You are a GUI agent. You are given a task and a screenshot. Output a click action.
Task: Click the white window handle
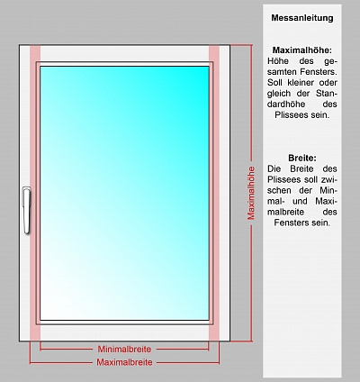[x=27, y=210]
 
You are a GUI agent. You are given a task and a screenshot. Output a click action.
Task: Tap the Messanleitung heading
[x=302, y=18]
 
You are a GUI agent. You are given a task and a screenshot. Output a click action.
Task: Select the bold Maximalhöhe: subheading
[x=302, y=50]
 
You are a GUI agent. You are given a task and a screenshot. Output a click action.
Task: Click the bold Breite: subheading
[x=302, y=158]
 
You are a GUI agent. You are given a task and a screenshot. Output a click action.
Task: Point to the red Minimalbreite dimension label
[x=124, y=350]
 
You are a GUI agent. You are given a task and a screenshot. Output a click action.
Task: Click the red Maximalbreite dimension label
[x=124, y=362]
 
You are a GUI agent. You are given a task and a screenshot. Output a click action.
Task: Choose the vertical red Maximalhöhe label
[x=251, y=193]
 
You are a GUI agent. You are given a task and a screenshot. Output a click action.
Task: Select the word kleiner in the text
[x=301, y=83]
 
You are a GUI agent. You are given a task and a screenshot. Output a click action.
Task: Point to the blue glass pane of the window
[x=124, y=193]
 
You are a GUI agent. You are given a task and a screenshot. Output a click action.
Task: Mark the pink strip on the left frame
[x=35, y=193]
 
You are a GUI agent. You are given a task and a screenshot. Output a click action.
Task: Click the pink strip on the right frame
[x=214, y=193]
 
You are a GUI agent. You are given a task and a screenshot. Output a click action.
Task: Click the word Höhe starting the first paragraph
[x=278, y=61]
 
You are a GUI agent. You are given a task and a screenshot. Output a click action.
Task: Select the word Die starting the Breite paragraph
[x=274, y=168]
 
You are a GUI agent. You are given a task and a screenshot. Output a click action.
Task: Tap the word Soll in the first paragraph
[x=274, y=83]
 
